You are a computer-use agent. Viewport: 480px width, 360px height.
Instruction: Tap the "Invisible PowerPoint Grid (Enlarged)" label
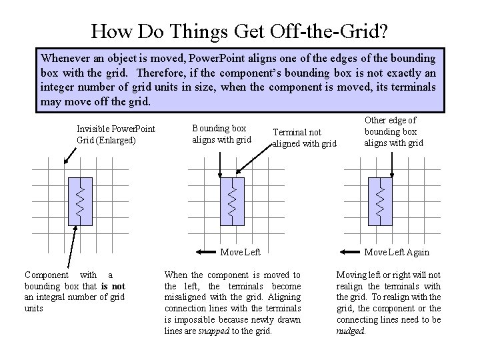116,134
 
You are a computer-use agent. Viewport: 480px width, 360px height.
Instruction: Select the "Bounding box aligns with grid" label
221,133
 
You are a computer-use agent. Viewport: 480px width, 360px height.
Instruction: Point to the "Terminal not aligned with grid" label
304,138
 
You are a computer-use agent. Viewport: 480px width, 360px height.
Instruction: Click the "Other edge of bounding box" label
393,131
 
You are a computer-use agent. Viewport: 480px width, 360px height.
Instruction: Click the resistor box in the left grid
79,201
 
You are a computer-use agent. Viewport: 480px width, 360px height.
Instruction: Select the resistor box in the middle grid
231,201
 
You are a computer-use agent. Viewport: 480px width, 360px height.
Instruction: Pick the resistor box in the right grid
380,201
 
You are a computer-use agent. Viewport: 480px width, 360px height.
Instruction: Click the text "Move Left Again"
397,252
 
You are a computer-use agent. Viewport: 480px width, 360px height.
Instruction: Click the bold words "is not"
113,286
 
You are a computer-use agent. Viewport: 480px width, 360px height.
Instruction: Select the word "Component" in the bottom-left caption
46,275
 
